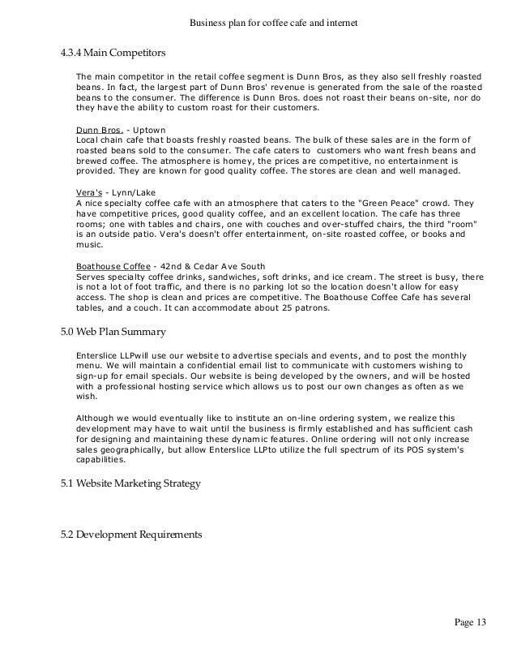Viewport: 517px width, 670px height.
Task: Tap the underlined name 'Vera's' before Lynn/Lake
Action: coord(90,191)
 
